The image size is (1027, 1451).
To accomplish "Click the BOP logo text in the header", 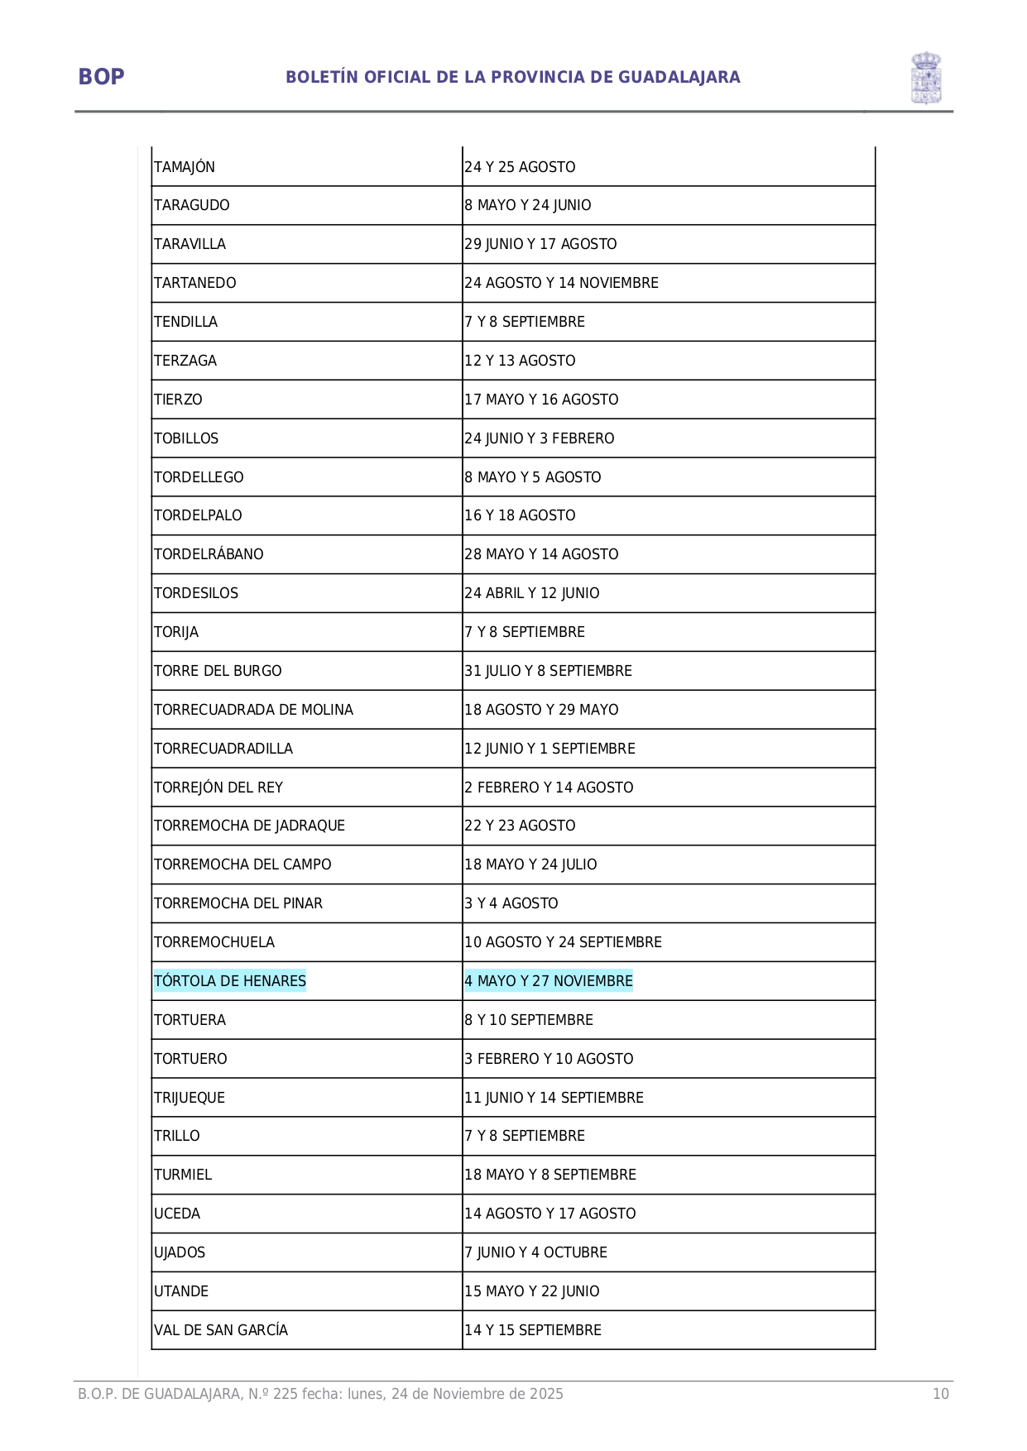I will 101,77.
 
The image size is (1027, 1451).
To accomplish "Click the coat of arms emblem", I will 926,78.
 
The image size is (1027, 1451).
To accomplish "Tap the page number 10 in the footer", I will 941,1394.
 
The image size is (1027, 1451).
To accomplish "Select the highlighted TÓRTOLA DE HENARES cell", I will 229,981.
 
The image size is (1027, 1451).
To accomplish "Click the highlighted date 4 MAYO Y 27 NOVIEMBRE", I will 548,981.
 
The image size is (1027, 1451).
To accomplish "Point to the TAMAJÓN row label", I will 185,167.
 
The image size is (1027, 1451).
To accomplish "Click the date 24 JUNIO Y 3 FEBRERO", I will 539,438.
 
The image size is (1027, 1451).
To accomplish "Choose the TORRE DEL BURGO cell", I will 218,671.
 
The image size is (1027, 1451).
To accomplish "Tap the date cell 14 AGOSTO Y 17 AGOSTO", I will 549,1214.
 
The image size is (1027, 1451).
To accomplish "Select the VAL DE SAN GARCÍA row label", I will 221,1330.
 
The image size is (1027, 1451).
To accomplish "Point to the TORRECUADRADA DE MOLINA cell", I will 253,710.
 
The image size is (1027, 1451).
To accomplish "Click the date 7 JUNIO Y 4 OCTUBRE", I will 535,1252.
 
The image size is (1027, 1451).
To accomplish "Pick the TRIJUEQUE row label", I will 190,1098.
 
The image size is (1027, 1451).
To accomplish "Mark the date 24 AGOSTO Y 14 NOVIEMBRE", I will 561,283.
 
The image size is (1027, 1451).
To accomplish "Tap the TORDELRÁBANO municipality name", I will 209,554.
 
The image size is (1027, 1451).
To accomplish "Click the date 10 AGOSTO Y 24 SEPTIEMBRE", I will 563,942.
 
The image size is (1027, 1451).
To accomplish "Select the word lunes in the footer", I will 365,1394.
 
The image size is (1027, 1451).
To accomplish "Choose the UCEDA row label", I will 177,1214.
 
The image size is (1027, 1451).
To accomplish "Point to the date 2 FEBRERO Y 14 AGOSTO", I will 549,788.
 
